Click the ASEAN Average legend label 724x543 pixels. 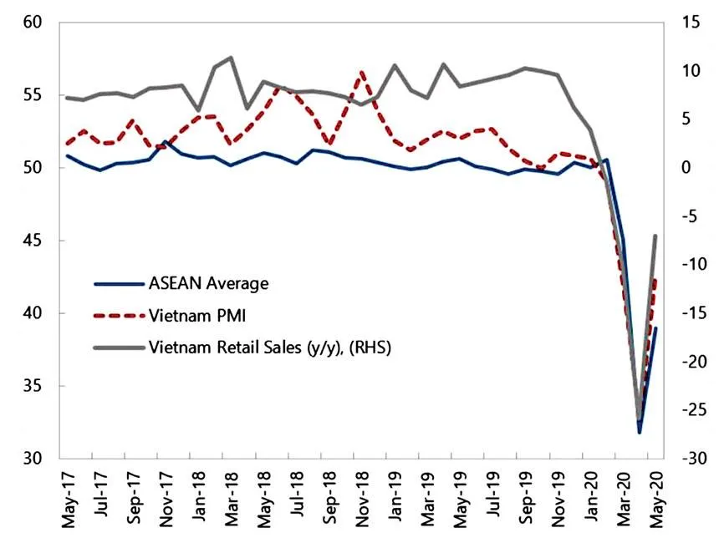pyautogui.click(x=208, y=283)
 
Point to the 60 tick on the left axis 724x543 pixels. pyautogui.click(x=33, y=23)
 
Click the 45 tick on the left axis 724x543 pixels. pyautogui.click(x=33, y=241)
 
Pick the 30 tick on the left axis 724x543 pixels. pyautogui.click(x=33, y=459)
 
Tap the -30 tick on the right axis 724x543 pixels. pyautogui.click(x=691, y=459)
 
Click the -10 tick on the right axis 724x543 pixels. pyautogui.click(x=691, y=265)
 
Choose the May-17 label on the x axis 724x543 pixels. pyautogui.click(x=68, y=500)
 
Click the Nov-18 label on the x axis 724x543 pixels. pyautogui.click(x=362, y=500)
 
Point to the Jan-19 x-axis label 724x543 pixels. pyautogui.click(x=395, y=500)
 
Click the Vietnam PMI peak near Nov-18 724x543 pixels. pyautogui.click(x=361, y=73)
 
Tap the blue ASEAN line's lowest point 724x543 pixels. pyautogui.click(x=640, y=432)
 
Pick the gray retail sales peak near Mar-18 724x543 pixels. pyautogui.click(x=231, y=58)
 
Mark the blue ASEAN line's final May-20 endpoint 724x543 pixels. pyautogui.click(x=656, y=328)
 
